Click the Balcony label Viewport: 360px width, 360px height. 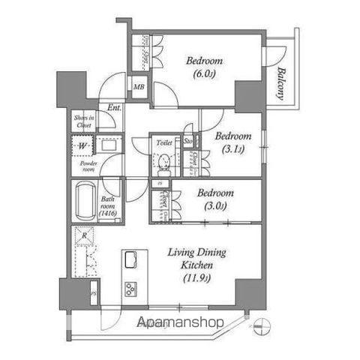click(280, 84)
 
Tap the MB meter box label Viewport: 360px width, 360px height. click(139, 88)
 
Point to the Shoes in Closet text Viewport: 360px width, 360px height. click(83, 120)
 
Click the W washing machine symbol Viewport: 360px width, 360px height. click(81, 146)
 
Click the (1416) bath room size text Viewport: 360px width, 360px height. click(108, 214)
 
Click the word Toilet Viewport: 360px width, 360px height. click(164, 141)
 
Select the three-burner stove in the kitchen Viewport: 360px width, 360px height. click(130, 289)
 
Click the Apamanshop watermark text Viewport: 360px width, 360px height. click(181, 323)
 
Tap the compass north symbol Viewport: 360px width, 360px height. click(261, 325)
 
